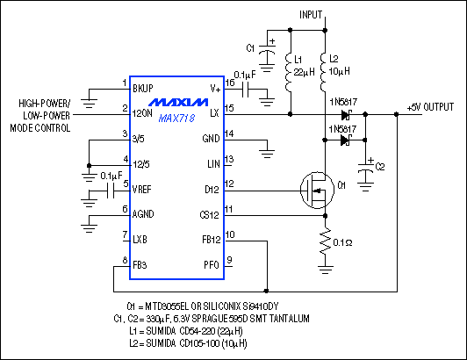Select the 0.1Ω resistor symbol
[325, 240]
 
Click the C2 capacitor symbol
[367, 166]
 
